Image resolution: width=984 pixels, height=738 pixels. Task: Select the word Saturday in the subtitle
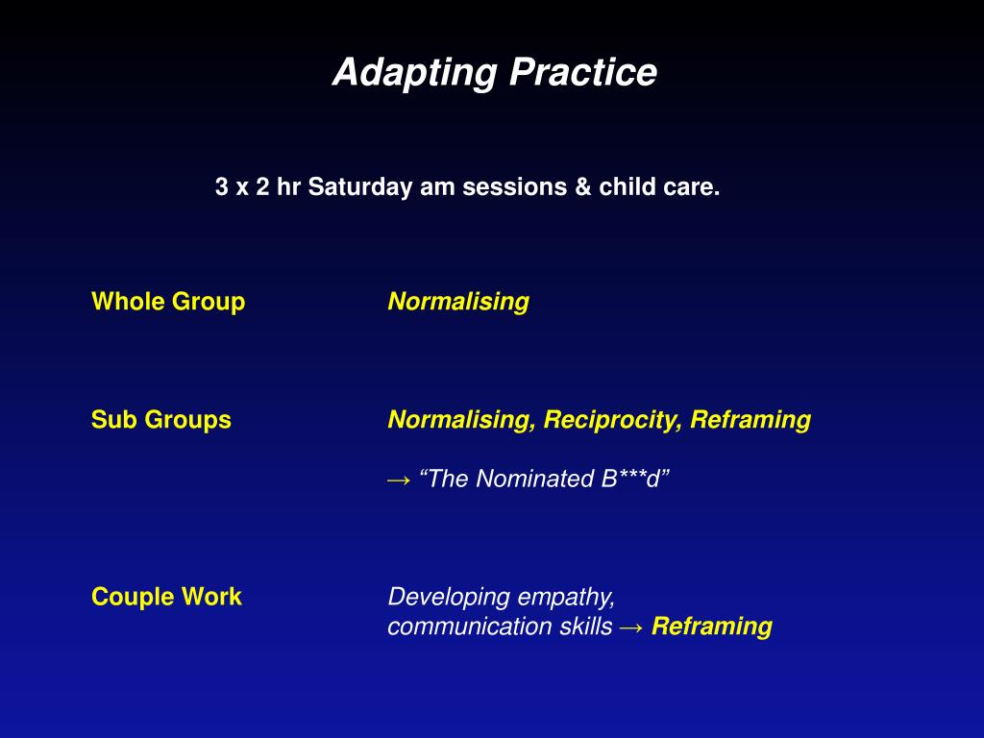[x=359, y=187]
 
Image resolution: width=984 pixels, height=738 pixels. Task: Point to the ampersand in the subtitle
[x=583, y=187]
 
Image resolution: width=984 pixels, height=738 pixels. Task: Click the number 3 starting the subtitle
[x=222, y=187]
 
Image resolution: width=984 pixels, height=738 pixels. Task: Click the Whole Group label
[x=168, y=302]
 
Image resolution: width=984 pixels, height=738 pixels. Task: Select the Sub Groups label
[x=161, y=420]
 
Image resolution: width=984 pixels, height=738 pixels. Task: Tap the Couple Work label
[x=166, y=597]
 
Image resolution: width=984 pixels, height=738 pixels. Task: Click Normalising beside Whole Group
[x=458, y=302]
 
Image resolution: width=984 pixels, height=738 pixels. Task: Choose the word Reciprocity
[x=612, y=420]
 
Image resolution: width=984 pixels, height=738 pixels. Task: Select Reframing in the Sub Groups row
[x=750, y=420]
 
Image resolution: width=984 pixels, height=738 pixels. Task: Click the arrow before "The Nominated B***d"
[x=399, y=480]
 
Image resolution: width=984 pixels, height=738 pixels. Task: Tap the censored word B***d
[x=630, y=479]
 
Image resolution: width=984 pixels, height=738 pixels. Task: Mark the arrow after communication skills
[x=631, y=627]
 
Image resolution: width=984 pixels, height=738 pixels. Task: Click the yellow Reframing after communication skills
[x=712, y=627]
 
